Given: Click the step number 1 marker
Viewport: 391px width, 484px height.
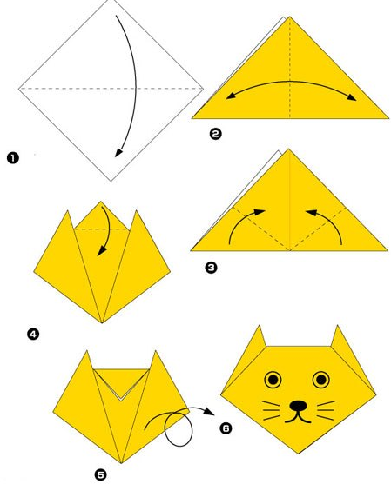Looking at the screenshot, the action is coord(13,158).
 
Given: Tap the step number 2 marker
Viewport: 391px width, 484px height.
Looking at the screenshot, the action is coord(215,134).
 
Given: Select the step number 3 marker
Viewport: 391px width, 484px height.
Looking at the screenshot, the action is coord(211,268).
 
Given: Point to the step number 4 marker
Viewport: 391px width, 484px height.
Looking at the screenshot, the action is coord(33,334).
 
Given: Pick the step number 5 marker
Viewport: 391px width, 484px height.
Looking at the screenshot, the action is coord(100,474).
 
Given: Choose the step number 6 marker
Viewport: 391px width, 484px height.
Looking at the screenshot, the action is coord(226,428).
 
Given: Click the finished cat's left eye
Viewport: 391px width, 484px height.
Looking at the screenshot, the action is coord(273,380).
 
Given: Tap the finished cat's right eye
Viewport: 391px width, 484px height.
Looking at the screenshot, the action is coord(321,380).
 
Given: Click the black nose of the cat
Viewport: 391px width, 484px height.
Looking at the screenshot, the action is coord(298,406).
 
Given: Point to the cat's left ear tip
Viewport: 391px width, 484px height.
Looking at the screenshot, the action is coord(260,325).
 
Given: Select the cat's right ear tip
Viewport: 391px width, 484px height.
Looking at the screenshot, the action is coord(337,325).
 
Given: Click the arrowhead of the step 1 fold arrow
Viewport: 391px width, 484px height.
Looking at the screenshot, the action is coord(118,152).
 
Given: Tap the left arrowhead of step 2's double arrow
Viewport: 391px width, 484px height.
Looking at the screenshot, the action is coord(230,96).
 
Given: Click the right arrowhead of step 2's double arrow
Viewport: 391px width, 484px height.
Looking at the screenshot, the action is coord(352,97).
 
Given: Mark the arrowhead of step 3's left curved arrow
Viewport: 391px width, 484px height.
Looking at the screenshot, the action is coord(260,212).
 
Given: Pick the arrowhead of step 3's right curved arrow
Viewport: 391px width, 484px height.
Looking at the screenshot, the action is coord(311,212).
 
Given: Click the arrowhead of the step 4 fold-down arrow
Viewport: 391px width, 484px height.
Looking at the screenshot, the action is coord(100,251).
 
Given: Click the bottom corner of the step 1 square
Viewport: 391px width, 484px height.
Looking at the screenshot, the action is coord(111,181).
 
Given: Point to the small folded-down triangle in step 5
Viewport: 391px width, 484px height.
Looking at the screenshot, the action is coord(121,384).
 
